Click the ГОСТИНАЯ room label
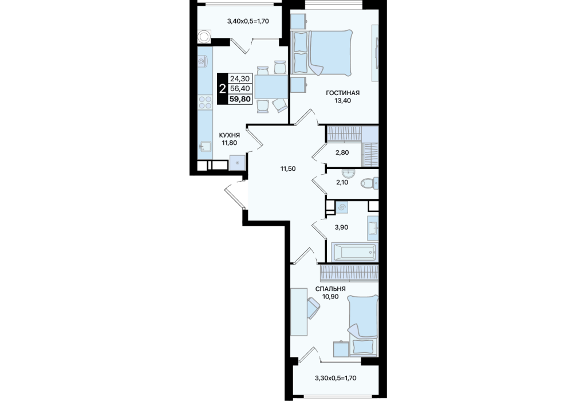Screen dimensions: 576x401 (x=342, y=93)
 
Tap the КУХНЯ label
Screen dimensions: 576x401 (x=229, y=135)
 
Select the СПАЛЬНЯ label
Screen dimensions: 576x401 (x=330, y=289)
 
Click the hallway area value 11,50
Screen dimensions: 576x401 (x=288, y=169)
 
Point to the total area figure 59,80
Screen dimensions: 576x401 (x=240, y=99)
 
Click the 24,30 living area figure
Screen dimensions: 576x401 (x=240, y=78)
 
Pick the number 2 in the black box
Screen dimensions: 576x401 (x=222, y=89)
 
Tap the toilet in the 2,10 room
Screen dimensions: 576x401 (x=369, y=183)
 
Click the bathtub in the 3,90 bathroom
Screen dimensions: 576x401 (x=354, y=253)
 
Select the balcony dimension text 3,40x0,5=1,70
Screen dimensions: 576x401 (x=248, y=21)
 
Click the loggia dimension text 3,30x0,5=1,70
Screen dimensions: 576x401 (x=336, y=378)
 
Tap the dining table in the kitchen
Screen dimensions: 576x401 (x=271, y=87)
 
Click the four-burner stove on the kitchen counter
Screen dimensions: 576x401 (x=205, y=103)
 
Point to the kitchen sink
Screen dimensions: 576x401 (x=205, y=147)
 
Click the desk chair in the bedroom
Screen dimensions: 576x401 (x=313, y=308)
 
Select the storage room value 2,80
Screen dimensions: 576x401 (x=342, y=152)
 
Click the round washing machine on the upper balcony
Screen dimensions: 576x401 (x=203, y=36)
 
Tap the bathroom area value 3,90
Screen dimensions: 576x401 (x=341, y=227)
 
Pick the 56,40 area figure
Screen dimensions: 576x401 (x=240, y=89)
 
